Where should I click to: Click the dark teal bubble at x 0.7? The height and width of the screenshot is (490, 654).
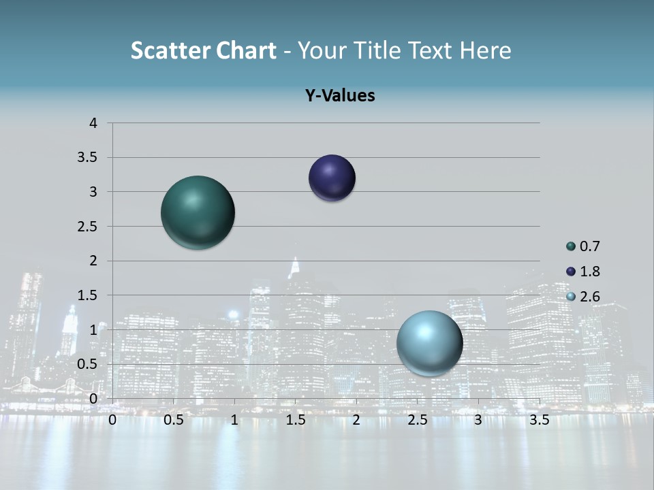pos(198,212)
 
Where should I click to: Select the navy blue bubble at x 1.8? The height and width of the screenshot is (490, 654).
pos(332,178)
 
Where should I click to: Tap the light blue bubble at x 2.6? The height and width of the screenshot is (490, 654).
pos(429,343)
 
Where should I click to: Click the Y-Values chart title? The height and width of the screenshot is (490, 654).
pos(340,96)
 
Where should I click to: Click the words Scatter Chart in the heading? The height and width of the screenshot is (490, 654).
pos(204,50)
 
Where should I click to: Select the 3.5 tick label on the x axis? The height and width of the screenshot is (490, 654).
pos(539,420)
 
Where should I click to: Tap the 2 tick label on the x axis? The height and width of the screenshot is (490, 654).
pos(356,420)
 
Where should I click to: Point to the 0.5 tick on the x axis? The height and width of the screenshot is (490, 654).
pos(174,420)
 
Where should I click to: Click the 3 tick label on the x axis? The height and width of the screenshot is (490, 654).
pos(478,420)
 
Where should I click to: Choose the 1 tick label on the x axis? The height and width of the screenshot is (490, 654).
pos(234,420)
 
